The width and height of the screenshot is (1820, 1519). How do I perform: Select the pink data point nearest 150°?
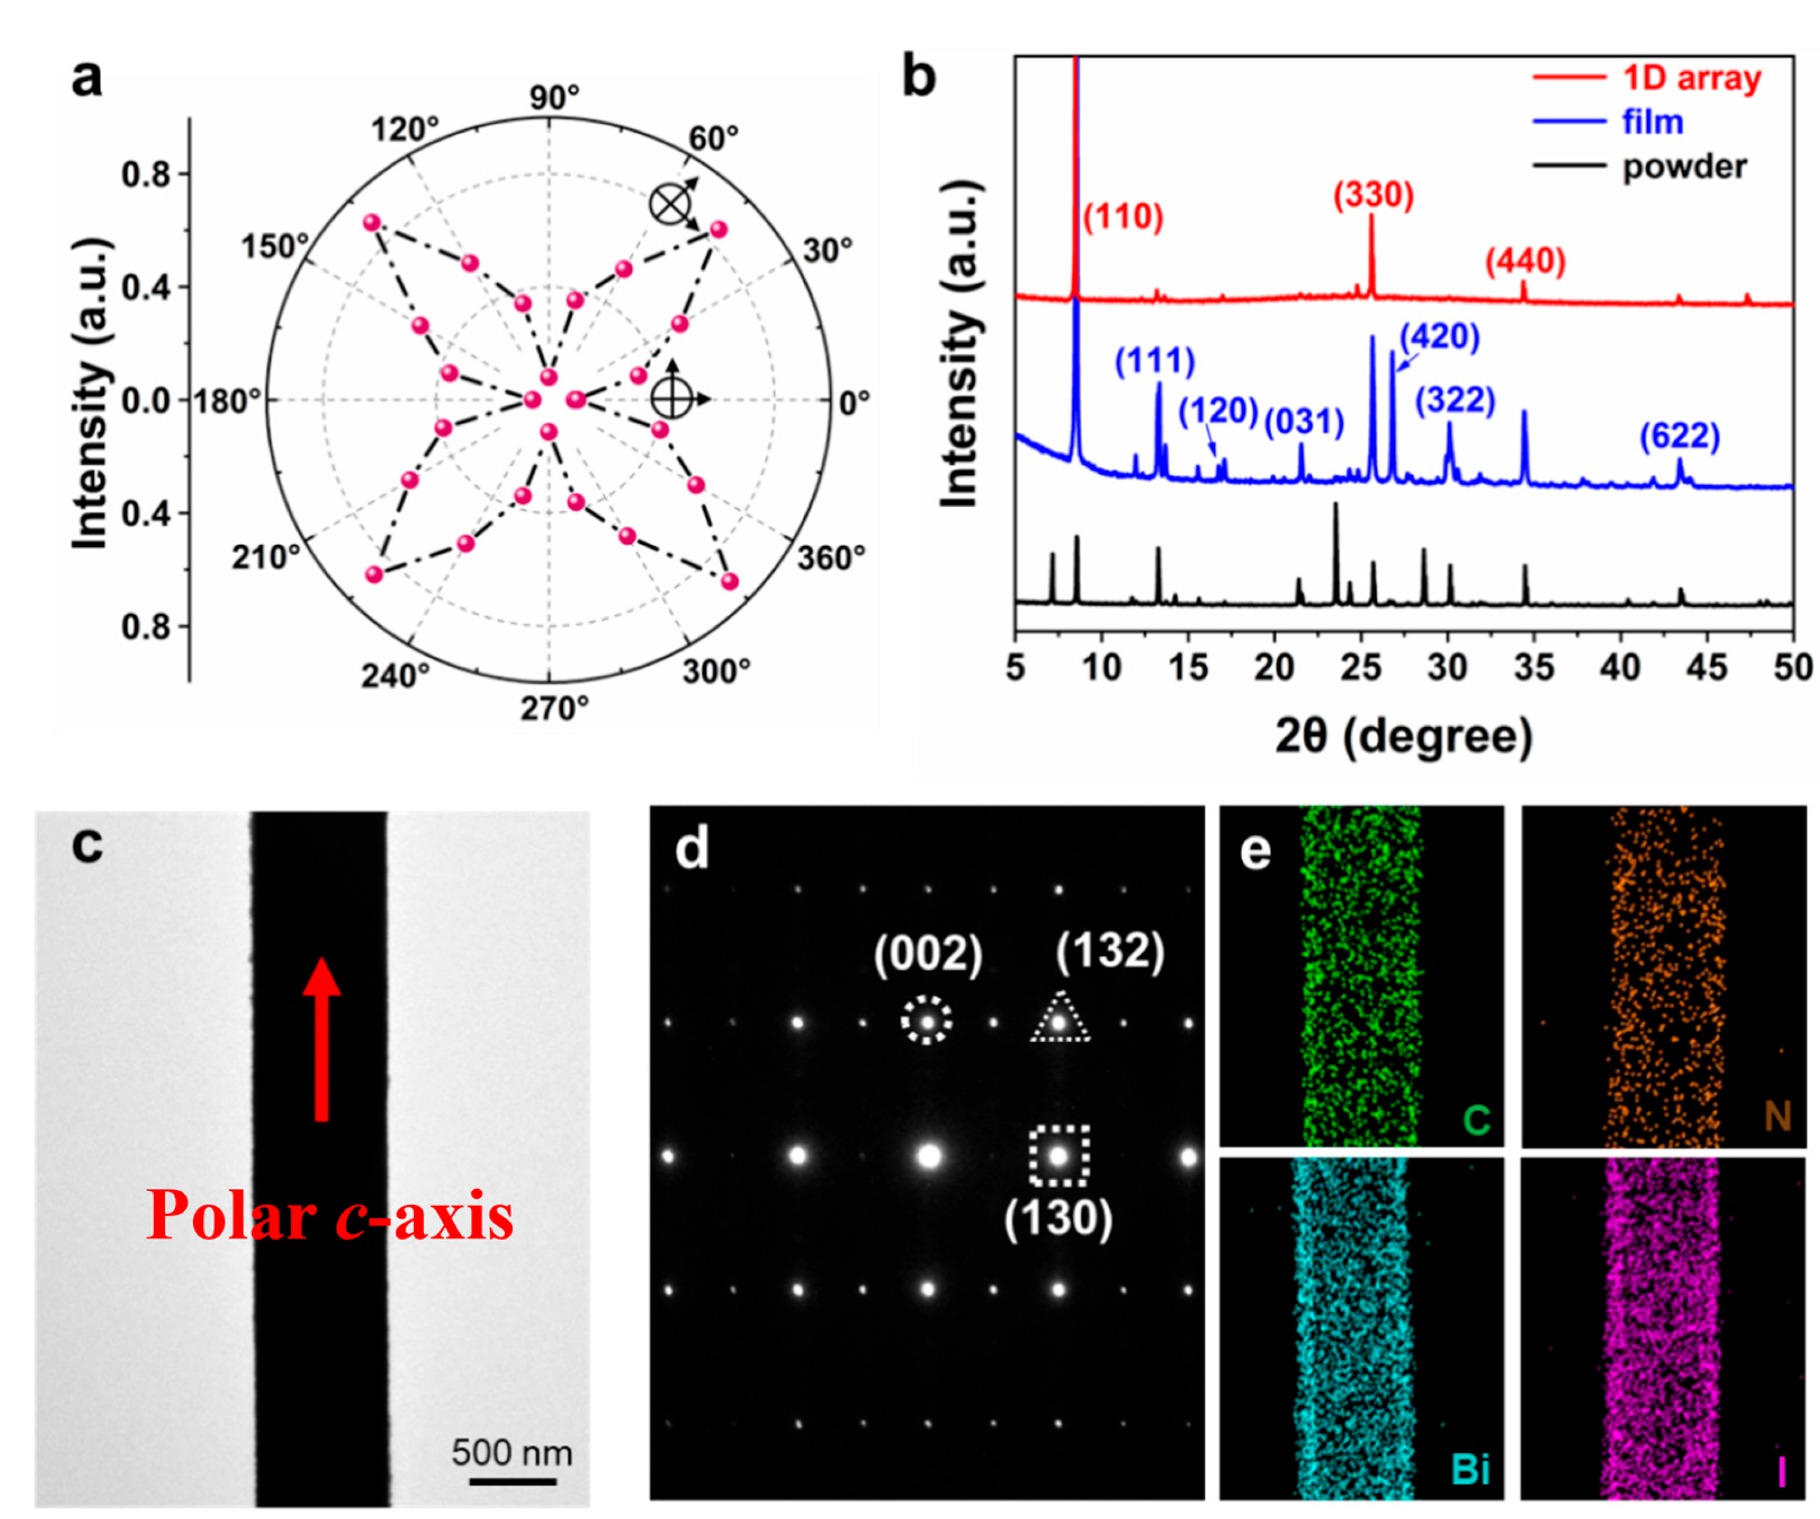tap(372, 223)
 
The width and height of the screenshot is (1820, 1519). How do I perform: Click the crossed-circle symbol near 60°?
tap(670, 205)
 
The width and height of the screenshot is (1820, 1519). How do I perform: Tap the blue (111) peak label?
tap(1155, 360)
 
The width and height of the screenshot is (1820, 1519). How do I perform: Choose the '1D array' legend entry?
tap(1691, 78)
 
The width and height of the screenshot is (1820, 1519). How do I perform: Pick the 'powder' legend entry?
tap(1684, 166)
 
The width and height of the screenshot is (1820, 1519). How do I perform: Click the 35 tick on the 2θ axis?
tap(1533, 668)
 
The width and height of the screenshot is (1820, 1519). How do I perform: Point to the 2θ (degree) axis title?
tap(1404, 735)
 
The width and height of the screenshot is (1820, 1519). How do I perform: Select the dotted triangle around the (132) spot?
tap(1059, 1018)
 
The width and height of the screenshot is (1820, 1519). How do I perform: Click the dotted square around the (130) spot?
tap(1058, 1156)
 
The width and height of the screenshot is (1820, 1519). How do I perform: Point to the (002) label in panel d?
tap(927, 955)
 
